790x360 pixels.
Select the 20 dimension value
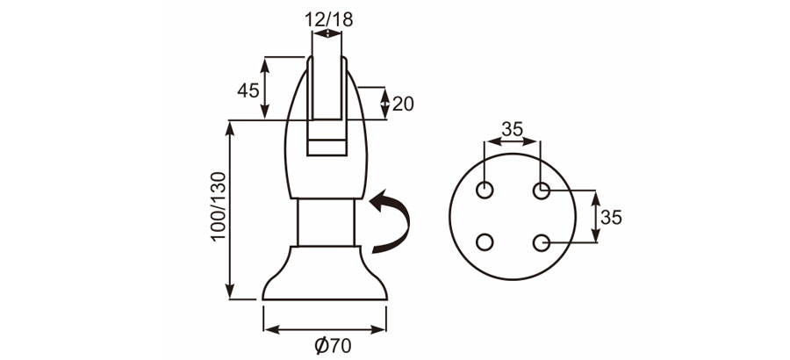tap(403, 104)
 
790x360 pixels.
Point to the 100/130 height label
tap(219, 207)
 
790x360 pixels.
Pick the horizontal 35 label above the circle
tap(512, 129)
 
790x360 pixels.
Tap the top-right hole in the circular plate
tap(542, 190)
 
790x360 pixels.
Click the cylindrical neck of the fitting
tap(325, 222)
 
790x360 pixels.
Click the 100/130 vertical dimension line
tap(232, 211)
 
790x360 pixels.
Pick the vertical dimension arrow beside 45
tap(264, 88)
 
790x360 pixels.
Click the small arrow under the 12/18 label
tap(326, 34)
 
